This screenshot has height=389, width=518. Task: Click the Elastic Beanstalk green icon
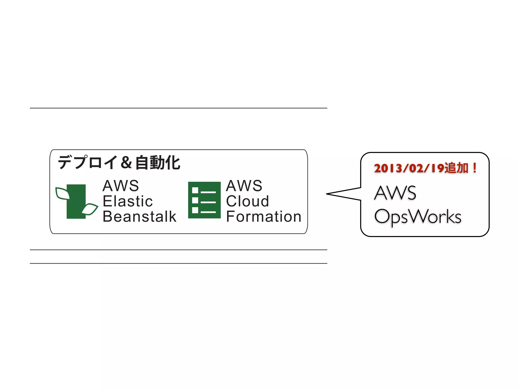pos(76,201)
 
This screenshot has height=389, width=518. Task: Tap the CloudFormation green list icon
pos(204,200)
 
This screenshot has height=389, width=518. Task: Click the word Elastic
pos(128,201)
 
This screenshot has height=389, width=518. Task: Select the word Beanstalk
pos(139,217)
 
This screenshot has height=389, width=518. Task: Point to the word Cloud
pos(247,201)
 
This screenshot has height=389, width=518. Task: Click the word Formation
pos(264,217)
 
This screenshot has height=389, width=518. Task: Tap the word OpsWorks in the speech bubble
pos(418,217)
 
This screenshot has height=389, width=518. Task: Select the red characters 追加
pos(457,168)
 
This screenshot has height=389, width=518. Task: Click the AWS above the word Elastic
pos(121,186)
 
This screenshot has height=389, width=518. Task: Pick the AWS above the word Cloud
pos(244,186)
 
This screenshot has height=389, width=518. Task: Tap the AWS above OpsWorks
pos(395,193)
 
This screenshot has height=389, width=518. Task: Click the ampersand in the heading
pos(126,163)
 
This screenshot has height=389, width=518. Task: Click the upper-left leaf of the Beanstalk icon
pos(62,193)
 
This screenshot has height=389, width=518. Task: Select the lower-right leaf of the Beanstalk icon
pos(90,209)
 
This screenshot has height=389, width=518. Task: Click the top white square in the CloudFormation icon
pos(195,190)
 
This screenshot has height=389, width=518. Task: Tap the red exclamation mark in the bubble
pos(475,168)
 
